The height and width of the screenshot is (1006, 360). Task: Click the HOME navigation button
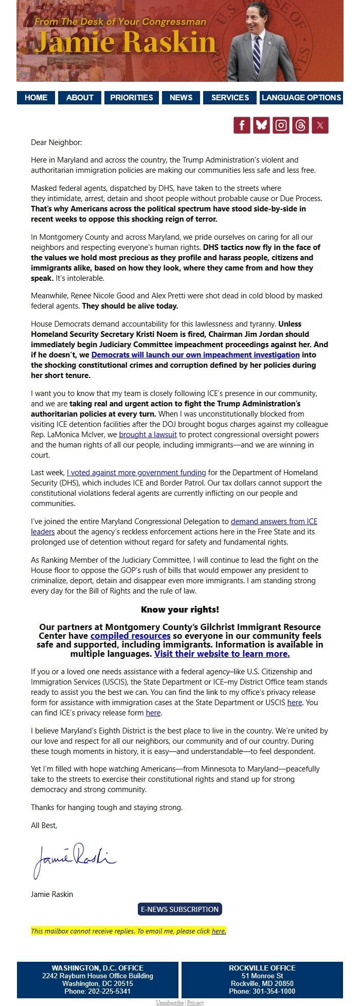tap(36, 98)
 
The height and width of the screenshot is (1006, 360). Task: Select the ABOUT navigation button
tap(80, 98)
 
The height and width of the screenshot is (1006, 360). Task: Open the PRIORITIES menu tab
tap(132, 98)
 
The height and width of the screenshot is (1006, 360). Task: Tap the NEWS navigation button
tap(181, 98)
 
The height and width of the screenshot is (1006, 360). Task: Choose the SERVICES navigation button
tap(230, 98)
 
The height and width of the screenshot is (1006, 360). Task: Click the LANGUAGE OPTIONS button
tap(301, 98)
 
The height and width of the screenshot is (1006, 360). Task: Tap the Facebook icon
tap(242, 125)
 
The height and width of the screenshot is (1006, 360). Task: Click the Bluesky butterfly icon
tap(262, 125)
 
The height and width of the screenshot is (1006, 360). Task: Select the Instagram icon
tap(281, 125)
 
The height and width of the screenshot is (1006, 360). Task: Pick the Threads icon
tap(300, 125)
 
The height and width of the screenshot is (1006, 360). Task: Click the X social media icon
tap(320, 125)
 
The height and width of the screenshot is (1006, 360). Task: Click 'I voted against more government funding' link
tap(136, 473)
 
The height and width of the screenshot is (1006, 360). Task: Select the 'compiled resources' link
tap(130, 636)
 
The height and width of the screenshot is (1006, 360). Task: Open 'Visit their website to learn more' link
tap(222, 654)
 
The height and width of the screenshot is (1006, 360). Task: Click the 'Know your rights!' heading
tap(180, 609)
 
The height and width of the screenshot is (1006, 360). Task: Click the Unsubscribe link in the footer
tap(169, 1002)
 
